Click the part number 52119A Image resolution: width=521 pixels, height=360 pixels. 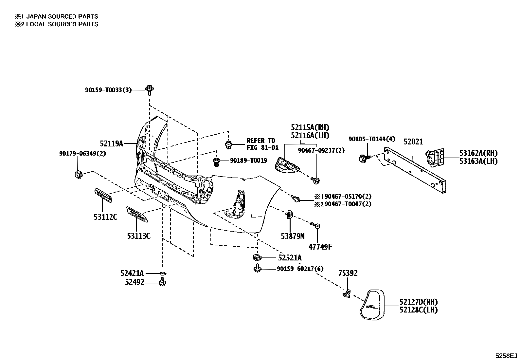(x=111, y=143)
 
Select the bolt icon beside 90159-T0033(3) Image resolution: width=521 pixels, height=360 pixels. (x=150, y=89)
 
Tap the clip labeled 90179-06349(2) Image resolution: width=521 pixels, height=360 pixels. (x=78, y=174)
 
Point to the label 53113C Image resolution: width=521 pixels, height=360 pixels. (x=139, y=236)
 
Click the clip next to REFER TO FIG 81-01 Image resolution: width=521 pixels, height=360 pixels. (x=229, y=144)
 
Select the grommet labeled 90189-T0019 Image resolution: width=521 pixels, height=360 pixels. (x=216, y=161)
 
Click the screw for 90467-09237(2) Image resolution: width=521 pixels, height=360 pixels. (x=316, y=180)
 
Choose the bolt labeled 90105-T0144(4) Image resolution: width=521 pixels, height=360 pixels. (x=364, y=159)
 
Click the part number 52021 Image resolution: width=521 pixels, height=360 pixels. (x=413, y=142)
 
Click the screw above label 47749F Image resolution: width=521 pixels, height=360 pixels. (x=316, y=225)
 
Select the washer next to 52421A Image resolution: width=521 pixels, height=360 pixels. (x=163, y=273)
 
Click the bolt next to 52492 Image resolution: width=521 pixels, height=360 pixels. (x=162, y=282)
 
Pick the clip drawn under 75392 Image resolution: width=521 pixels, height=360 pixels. (x=347, y=293)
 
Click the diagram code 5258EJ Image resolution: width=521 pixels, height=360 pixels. (x=506, y=355)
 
